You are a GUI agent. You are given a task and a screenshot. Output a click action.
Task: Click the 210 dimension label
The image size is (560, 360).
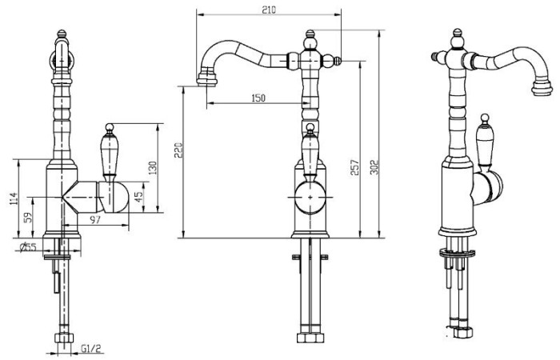[x=269, y=10]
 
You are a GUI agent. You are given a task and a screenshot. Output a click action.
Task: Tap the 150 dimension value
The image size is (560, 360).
[x=258, y=98]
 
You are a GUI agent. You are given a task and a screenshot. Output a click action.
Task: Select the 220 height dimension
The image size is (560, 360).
[x=178, y=150]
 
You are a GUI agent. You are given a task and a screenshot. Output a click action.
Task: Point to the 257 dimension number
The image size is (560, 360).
[x=354, y=167]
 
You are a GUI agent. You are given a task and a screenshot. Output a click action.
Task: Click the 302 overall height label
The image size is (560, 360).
[x=374, y=166]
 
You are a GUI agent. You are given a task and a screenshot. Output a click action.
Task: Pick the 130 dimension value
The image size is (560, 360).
[x=153, y=168]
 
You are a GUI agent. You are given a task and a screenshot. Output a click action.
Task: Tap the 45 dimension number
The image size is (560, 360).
[x=138, y=195]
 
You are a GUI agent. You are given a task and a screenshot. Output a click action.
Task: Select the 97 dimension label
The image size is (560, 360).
[x=94, y=220]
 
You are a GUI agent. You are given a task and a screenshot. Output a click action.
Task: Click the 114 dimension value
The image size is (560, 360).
[x=14, y=199]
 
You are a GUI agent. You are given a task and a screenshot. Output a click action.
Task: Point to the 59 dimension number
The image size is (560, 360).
[x=28, y=218]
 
